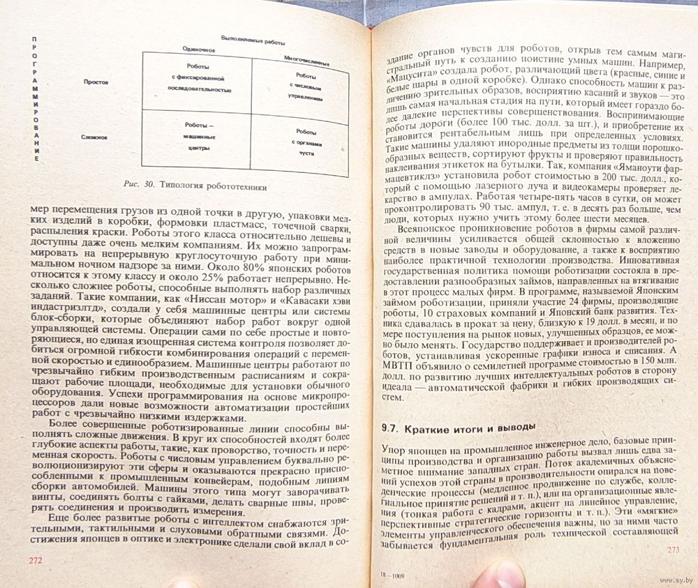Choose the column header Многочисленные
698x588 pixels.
[306, 61]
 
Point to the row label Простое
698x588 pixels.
[96, 82]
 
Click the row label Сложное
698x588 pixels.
[95, 137]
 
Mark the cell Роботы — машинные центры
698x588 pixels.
[198, 137]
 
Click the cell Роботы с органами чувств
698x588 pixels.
[305, 143]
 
